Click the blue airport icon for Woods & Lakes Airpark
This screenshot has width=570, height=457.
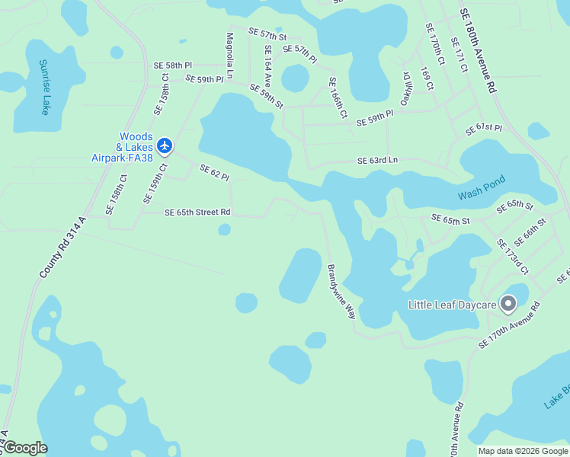point(165,145)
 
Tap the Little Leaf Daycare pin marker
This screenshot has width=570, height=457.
point(509,305)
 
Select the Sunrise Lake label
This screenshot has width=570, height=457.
point(43,88)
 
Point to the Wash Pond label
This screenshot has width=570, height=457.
point(481,190)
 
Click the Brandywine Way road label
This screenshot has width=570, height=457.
point(341,291)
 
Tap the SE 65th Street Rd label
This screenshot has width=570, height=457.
point(197,213)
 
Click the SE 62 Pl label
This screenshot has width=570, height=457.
point(214,173)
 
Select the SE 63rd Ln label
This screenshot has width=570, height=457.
point(378,161)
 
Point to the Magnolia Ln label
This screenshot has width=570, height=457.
point(229,54)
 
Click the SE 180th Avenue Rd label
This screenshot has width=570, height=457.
point(477,52)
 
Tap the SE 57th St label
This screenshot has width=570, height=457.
point(267,36)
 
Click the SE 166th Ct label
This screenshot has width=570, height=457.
point(338,97)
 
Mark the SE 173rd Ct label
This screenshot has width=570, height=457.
point(512,257)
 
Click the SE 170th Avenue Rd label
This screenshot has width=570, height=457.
point(509,325)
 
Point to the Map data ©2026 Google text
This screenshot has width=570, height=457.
point(524,451)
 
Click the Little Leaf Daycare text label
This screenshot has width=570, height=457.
point(453,305)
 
